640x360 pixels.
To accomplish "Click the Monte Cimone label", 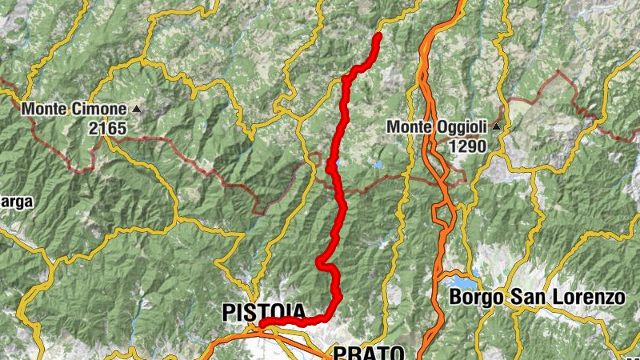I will tap(74, 109).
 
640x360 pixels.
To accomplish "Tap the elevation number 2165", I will tap(107, 126).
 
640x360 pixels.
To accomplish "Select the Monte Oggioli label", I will tap(438, 127).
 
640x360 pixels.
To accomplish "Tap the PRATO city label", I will tap(369, 353).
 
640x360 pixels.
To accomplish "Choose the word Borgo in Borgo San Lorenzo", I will tap(476, 298).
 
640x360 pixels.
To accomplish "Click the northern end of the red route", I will tap(378, 35).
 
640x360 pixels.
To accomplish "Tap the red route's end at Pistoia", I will tap(262, 325).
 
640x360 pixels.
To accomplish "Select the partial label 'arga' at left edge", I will tap(16, 202).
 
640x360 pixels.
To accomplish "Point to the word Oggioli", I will tap(463, 127).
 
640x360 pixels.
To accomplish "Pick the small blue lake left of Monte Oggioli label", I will tap(378, 166).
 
